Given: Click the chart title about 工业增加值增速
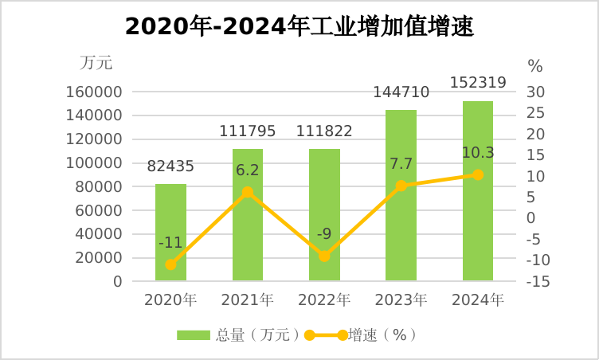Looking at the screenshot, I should pyautogui.click(x=299, y=28).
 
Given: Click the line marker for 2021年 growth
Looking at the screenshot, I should pyautogui.click(x=248, y=192).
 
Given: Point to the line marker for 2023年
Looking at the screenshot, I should pyautogui.click(x=401, y=186).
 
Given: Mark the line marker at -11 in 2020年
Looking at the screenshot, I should pyautogui.click(x=170, y=264).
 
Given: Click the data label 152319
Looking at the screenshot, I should pyautogui.click(x=478, y=82).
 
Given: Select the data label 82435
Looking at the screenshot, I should pyautogui.click(x=170, y=166).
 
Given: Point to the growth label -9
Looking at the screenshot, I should pyautogui.click(x=324, y=234).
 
